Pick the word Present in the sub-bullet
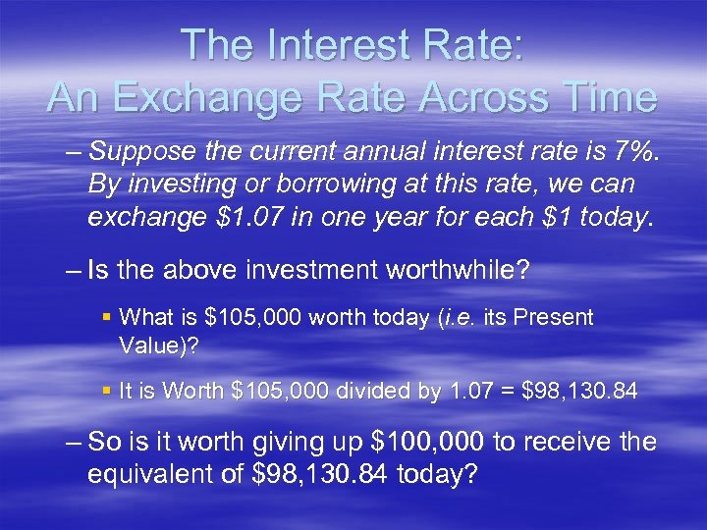click(x=558, y=318)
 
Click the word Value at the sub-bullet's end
click(x=144, y=344)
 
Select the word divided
click(x=376, y=391)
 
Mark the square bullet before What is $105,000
click(x=107, y=318)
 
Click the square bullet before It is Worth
click(x=107, y=391)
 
